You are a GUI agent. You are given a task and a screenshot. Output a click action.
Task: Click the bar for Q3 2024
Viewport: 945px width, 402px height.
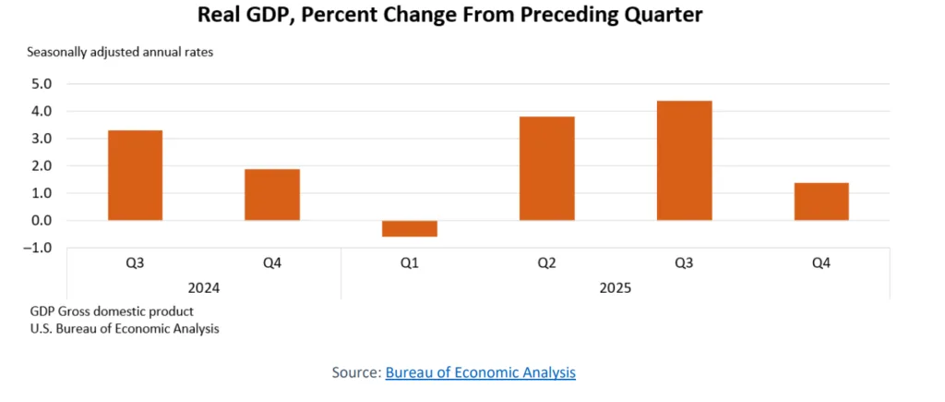pos(135,176)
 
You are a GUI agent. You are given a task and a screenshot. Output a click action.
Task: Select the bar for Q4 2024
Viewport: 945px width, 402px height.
pos(272,195)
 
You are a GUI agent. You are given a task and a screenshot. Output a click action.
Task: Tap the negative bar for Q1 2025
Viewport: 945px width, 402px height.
pos(410,228)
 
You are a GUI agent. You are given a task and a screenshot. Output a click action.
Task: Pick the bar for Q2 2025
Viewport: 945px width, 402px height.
pos(546,168)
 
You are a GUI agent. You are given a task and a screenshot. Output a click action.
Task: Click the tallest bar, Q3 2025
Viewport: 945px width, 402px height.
pos(684,161)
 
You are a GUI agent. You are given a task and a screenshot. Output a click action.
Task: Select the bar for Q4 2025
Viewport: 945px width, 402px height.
pos(821,201)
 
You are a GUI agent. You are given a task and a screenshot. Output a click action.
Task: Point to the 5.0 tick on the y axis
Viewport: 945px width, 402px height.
pos(42,84)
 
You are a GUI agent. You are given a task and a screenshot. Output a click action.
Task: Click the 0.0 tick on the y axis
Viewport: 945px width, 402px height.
pos(42,221)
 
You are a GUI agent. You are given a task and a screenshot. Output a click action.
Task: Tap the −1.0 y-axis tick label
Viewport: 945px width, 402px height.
pos(40,248)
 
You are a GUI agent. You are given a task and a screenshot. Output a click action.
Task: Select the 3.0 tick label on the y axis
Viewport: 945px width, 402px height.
pos(42,139)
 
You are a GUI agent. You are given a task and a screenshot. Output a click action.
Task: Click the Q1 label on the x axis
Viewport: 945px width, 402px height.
pos(410,263)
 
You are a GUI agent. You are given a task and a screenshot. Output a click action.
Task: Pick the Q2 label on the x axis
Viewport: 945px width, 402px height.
pos(546,263)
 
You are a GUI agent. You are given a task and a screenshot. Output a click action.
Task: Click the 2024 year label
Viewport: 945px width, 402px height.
pos(203,288)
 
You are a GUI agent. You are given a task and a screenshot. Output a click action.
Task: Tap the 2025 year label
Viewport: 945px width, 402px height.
pos(615,288)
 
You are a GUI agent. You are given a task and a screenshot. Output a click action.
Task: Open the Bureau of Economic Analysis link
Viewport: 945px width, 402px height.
pos(480,372)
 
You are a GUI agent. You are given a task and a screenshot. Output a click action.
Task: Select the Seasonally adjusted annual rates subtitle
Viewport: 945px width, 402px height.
pos(120,52)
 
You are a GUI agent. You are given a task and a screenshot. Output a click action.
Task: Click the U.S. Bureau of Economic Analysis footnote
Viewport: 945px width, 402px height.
pos(124,328)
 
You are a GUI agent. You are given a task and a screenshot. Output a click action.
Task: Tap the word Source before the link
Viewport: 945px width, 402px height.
pos(355,372)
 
